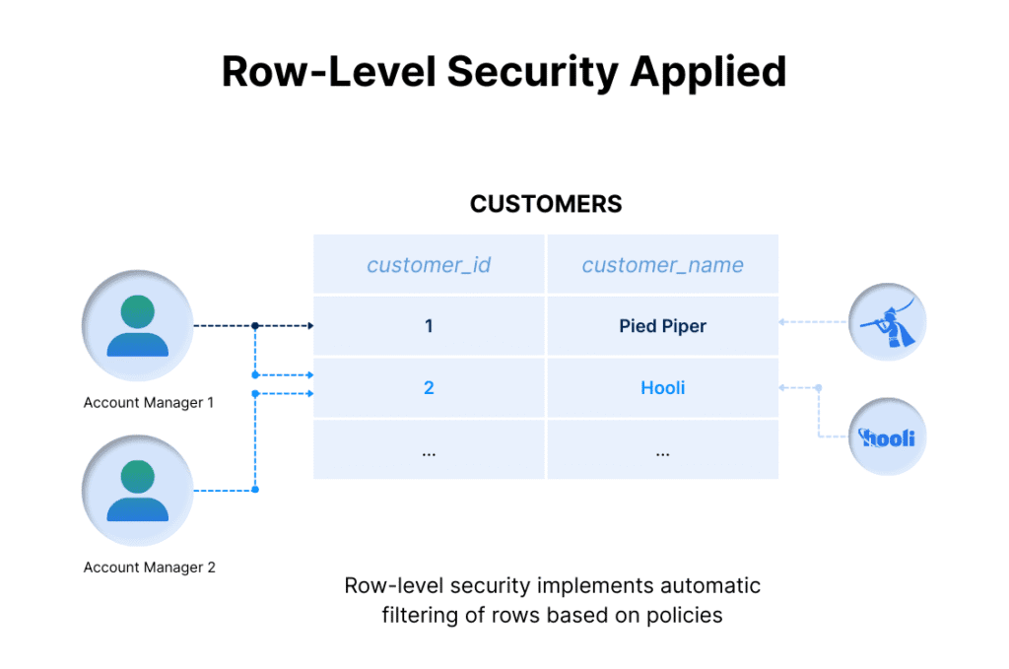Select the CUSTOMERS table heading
tap(546, 204)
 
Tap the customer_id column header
tap(429, 264)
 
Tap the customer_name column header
tap(662, 264)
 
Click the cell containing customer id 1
tap(429, 326)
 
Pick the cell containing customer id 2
tap(429, 388)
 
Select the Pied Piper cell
tap(662, 326)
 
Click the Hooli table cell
tap(662, 388)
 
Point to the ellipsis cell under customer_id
tap(429, 450)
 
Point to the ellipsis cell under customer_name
tap(662, 450)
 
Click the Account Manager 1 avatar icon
tap(138, 325)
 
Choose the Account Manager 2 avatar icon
tap(138, 491)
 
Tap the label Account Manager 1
tap(149, 403)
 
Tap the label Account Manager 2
tap(149, 568)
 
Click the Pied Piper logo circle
tap(888, 323)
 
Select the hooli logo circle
tap(888, 436)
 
